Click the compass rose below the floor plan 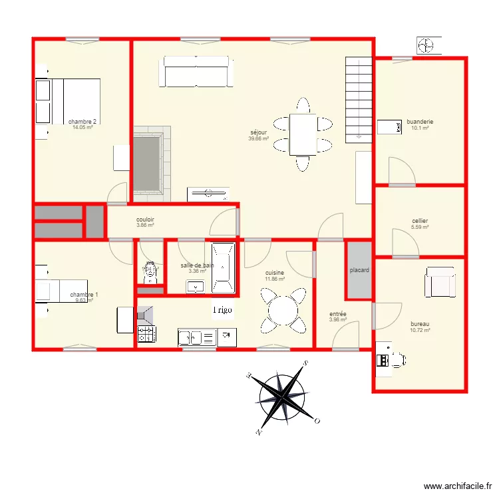point(284,398)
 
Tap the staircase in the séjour point(358,98)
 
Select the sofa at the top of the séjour point(196,72)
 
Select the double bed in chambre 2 point(74,101)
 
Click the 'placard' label point(359,270)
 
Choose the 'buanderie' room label point(420,122)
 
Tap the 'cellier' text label point(420,221)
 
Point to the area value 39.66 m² point(258,139)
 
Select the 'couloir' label point(146,219)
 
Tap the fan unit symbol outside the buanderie point(425,45)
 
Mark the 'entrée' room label point(337,313)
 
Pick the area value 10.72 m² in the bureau point(420,330)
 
